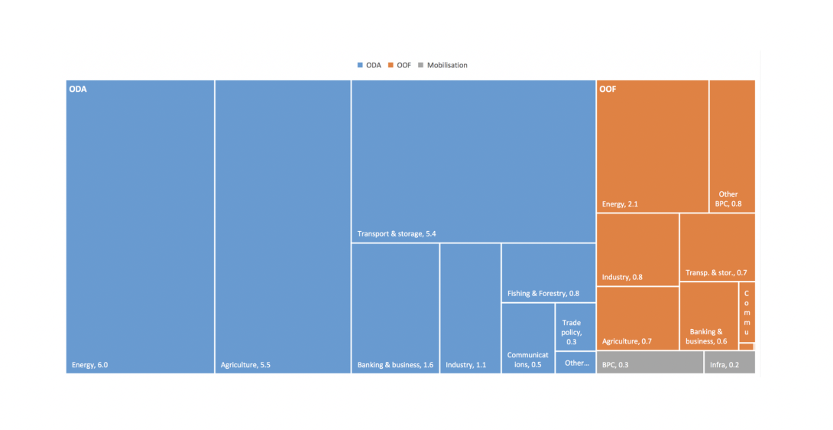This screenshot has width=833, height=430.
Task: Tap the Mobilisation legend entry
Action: pos(442,65)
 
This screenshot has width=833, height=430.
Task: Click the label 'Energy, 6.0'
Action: pos(89,365)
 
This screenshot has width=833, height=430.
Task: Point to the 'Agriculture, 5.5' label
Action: pos(245,365)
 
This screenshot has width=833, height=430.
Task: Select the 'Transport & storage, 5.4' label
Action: pos(396,233)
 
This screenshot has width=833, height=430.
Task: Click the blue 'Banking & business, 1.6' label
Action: pos(395,365)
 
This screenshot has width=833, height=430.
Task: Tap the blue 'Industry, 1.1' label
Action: pos(465,365)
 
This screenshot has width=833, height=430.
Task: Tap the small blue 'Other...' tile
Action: pos(575,363)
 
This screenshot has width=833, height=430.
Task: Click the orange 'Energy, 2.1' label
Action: pos(619,204)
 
